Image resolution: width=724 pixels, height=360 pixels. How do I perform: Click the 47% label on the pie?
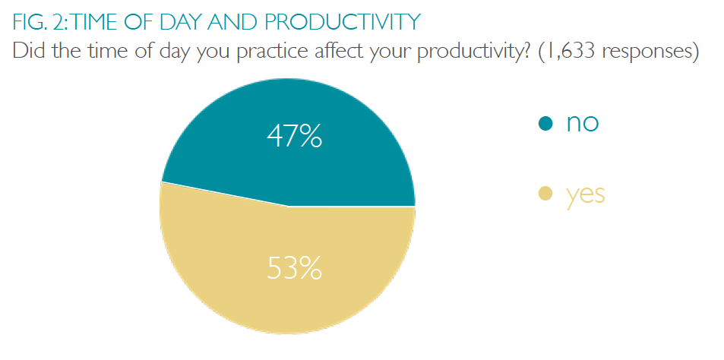point(294,135)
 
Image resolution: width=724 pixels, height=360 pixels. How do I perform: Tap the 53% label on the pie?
point(294,268)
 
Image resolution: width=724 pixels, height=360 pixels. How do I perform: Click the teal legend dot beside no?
point(545,123)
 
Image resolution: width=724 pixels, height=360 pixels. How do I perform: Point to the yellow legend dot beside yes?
point(545,194)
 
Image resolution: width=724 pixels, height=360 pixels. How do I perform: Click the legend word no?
point(583,123)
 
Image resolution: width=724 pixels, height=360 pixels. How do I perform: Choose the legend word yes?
point(586,196)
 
